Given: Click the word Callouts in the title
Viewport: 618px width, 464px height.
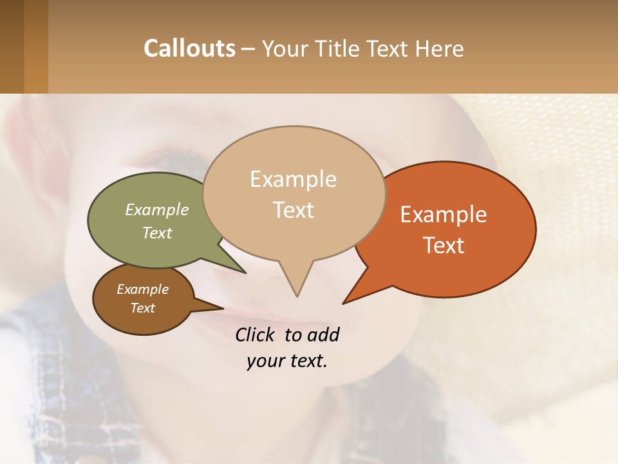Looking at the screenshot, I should click(189, 48).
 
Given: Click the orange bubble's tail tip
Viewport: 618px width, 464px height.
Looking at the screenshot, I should click(344, 303).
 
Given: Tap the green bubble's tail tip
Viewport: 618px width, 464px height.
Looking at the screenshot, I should click(245, 273).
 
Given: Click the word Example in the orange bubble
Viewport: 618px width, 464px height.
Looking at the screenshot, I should click(444, 215).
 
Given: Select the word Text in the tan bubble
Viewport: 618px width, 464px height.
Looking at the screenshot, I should click(294, 210).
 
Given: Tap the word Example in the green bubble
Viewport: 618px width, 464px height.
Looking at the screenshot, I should click(157, 209).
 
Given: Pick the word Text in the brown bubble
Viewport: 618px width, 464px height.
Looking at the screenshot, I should click(143, 308).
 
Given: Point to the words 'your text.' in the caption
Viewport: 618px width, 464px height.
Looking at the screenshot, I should click(287, 361).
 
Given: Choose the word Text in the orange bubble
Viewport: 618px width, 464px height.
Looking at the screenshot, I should click(444, 246).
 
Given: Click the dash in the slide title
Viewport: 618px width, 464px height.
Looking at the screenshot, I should click(248, 49).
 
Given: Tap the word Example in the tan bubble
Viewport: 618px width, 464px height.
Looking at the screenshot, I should click(293, 179).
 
